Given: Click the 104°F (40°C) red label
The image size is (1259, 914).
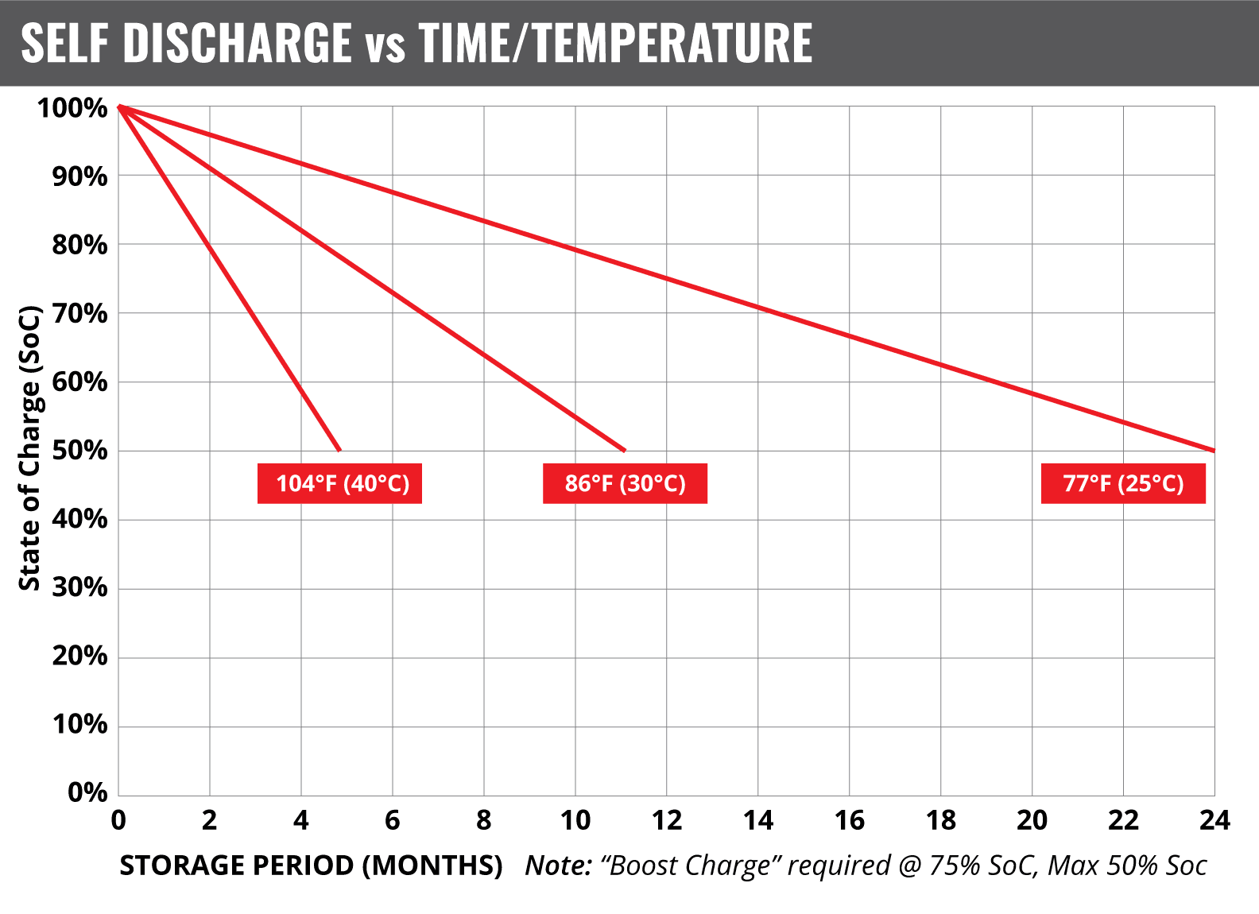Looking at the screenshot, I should [339, 483].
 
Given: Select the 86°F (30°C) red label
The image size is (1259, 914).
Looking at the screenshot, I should [625, 483].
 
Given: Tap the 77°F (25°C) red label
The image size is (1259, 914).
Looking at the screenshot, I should [1123, 483].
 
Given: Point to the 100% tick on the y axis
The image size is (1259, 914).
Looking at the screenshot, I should [72, 108].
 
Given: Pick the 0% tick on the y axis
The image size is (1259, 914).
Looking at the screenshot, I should [87, 792].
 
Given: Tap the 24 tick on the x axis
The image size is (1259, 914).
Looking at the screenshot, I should [1214, 820].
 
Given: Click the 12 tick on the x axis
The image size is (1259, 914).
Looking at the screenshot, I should [666, 820].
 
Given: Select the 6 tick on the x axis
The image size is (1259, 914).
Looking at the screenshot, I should [393, 820].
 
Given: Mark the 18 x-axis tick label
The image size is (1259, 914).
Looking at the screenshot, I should [940, 820].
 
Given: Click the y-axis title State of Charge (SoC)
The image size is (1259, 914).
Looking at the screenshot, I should [29, 447].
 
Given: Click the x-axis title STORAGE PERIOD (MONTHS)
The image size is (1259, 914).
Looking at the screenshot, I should [311, 866].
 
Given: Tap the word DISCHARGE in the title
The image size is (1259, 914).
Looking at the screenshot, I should [237, 43].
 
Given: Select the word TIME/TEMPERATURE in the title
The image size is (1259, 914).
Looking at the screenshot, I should [615, 43].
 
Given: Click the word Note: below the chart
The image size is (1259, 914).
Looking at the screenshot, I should [559, 866].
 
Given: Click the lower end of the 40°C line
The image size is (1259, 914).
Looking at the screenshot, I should [339, 450].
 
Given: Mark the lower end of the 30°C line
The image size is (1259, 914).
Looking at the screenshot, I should [625, 450].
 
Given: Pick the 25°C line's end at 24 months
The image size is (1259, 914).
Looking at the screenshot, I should [1214, 451].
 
